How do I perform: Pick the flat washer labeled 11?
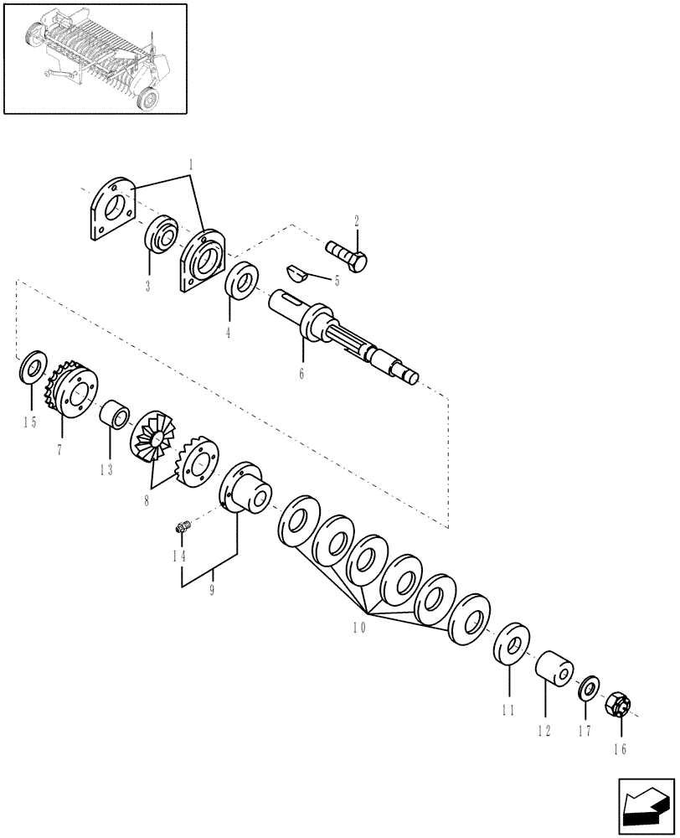(x=510, y=644)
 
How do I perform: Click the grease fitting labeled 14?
(x=182, y=527)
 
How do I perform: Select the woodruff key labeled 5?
(x=296, y=271)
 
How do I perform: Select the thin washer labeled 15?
(x=33, y=366)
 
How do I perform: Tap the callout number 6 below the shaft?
(x=301, y=374)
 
